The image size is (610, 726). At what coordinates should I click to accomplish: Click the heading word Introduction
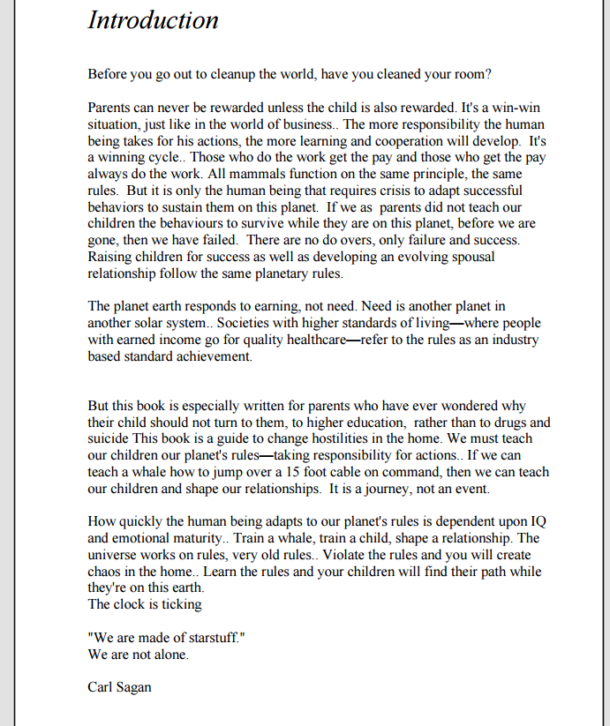click(x=153, y=19)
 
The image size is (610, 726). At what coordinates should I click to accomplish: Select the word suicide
click(x=110, y=438)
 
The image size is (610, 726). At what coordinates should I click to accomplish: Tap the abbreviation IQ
click(x=538, y=521)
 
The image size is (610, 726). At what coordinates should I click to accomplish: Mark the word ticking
click(x=182, y=604)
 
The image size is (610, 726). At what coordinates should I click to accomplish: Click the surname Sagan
click(x=132, y=687)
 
